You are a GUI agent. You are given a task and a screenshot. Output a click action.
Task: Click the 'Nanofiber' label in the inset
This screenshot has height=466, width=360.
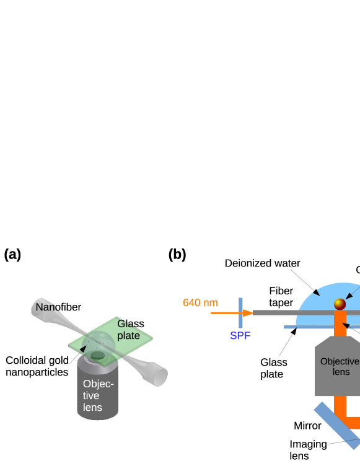[x=58, y=307]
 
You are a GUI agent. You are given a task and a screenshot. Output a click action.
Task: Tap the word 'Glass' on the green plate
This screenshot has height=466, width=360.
[x=131, y=324]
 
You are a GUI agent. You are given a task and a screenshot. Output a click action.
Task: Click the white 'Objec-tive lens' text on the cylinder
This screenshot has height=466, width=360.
[x=98, y=395]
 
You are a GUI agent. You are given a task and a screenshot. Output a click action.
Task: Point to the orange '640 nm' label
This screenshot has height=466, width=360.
[x=200, y=303]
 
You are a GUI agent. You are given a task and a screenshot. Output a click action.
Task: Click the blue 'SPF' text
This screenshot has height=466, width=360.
[x=240, y=336]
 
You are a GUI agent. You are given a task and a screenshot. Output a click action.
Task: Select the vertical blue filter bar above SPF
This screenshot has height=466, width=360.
[x=240, y=313]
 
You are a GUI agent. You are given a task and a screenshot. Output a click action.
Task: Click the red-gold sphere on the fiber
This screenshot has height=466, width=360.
[x=340, y=304]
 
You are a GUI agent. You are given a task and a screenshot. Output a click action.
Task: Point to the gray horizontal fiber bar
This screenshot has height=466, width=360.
[x=291, y=312]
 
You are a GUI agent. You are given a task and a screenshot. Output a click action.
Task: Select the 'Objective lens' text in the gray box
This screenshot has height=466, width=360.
[x=340, y=366]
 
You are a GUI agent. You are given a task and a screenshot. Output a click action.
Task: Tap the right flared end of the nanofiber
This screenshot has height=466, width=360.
[x=157, y=376]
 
